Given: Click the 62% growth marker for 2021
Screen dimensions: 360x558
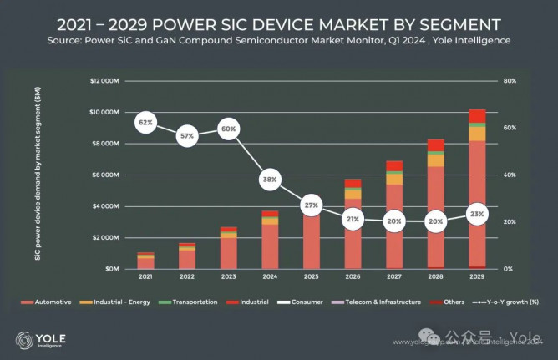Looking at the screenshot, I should tap(146, 123).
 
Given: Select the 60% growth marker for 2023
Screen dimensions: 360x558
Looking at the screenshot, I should tap(229, 129).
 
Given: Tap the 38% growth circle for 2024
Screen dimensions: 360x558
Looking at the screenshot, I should tap(270, 179).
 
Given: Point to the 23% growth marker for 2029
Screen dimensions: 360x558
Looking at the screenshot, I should tap(477, 214).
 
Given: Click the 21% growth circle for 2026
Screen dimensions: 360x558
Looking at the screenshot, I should tap(353, 219).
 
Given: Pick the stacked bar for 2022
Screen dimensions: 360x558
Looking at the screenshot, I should tap(187, 256).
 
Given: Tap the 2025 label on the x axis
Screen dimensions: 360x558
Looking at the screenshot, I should tap(312, 276).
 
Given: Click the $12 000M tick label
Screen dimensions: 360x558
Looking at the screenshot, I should tap(105, 81).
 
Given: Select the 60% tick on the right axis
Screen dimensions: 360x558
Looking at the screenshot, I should tap(510, 128).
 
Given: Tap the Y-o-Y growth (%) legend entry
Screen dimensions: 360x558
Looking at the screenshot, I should tap(505, 302).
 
